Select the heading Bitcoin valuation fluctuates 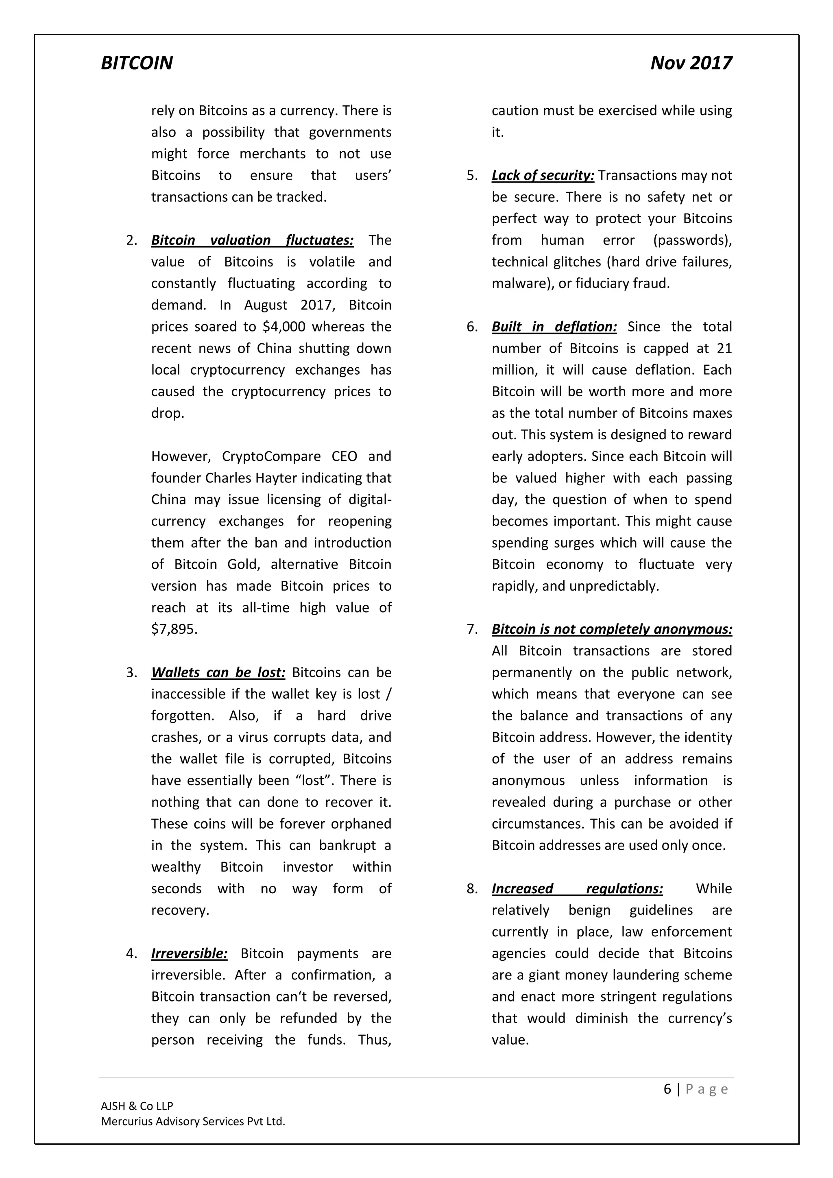[x=252, y=240]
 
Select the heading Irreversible [x=189, y=953]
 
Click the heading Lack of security [x=543, y=175]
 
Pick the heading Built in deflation [x=554, y=327]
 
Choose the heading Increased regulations [x=577, y=889]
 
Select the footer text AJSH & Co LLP [x=137, y=1106]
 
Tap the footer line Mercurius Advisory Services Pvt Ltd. [x=193, y=1121]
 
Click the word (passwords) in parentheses [x=692, y=240]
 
